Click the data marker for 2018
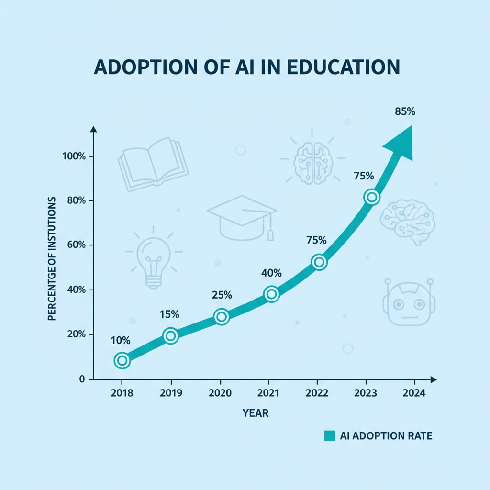point(122,360)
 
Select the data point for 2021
point(271,294)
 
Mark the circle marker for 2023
point(371,197)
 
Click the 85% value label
point(405,112)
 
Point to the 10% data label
point(120,341)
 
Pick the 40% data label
point(271,273)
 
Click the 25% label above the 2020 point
point(222,295)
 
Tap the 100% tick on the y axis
point(73,156)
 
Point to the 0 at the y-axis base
point(81,379)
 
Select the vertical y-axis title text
point(53,258)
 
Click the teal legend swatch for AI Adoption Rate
point(329,436)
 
